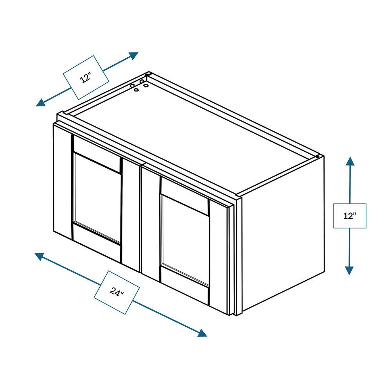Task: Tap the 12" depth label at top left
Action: (x=86, y=77)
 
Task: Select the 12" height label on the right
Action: (x=350, y=216)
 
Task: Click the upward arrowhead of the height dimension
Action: (x=350, y=161)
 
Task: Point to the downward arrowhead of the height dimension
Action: (x=349, y=271)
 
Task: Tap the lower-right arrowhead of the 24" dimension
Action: (x=203, y=333)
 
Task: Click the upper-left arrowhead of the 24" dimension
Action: (x=39, y=257)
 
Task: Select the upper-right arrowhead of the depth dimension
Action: (x=134, y=56)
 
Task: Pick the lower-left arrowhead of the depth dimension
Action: (x=41, y=102)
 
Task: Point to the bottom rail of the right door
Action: (x=185, y=285)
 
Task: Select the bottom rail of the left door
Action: (x=97, y=242)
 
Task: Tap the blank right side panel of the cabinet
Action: (x=283, y=233)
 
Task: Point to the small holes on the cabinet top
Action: (x=139, y=85)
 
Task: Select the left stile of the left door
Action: (x=63, y=181)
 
